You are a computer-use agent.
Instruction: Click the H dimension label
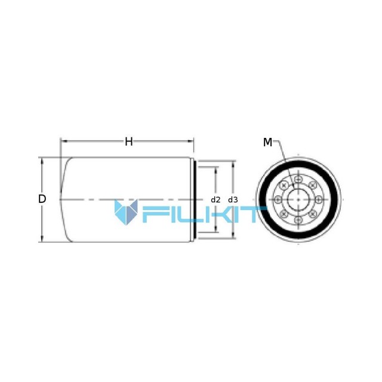(129, 141)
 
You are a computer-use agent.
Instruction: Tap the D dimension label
(42, 199)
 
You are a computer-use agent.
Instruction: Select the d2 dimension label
(215, 200)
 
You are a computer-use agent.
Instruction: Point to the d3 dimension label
(233, 200)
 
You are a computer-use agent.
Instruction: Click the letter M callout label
(267, 142)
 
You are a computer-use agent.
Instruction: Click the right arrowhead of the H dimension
(190, 141)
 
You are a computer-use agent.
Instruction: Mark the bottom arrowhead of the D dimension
(42, 239)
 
